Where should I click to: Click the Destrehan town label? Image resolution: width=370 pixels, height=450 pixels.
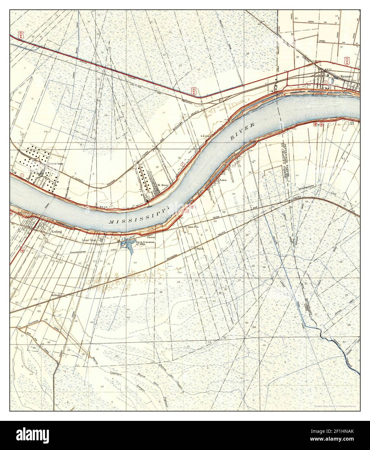(x=55, y=164)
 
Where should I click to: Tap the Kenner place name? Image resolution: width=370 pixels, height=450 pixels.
(x=346, y=76)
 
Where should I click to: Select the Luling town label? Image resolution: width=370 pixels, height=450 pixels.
(x=56, y=232)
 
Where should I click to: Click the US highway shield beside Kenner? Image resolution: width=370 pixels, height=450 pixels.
(x=348, y=61)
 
